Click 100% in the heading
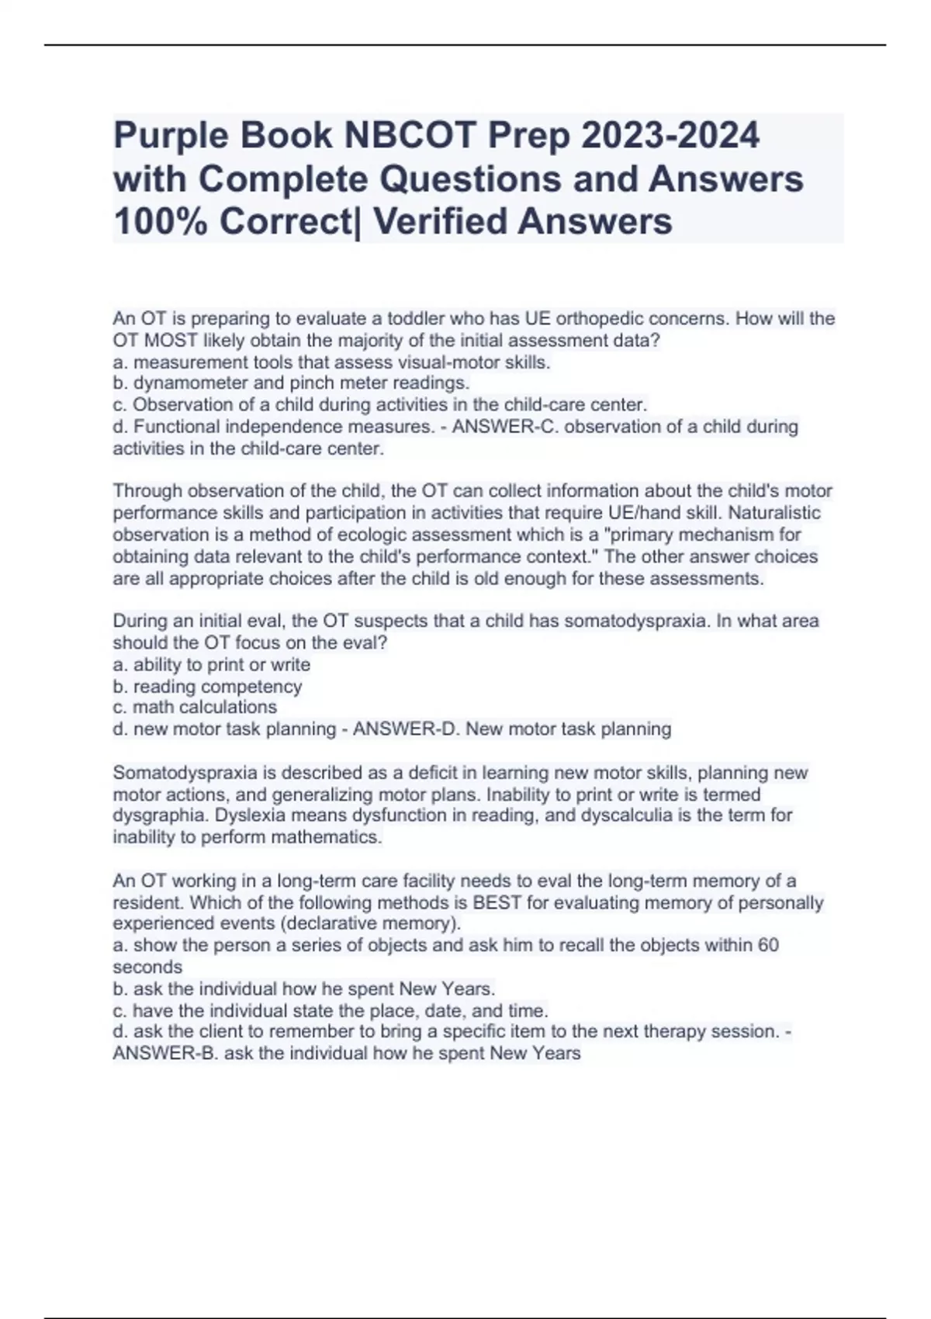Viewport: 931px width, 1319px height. [160, 222]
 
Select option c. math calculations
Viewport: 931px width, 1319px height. [195, 707]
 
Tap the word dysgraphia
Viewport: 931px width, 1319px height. [160, 815]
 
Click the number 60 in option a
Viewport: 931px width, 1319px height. [767, 945]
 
